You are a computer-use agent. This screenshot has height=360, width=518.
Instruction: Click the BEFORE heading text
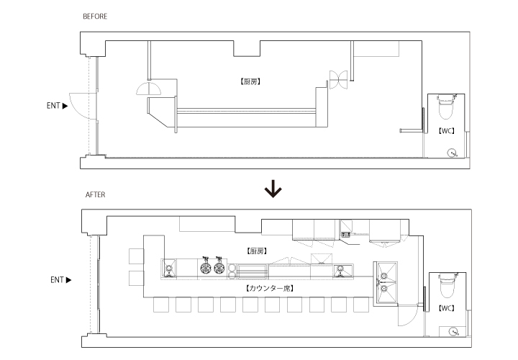(95, 16)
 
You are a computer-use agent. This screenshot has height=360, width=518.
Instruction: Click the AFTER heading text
(96, 194)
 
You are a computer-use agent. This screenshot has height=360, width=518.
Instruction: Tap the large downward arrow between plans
(273, 189)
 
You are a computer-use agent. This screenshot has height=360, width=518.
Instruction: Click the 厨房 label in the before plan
(250, 81)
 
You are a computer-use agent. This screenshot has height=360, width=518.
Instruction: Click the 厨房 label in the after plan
(257, 251)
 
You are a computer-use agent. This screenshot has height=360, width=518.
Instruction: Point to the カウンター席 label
(270, 289)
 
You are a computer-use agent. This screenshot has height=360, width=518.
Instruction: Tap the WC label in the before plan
(446, 131)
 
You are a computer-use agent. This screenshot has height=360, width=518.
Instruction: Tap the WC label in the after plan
(446, 308)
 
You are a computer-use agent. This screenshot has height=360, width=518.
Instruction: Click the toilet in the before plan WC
(445, 107)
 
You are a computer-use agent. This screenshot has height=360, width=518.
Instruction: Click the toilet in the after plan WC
(448, 285)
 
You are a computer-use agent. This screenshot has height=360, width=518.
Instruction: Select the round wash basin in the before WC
(452, 153)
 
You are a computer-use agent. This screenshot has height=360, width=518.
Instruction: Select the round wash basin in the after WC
(454, 331)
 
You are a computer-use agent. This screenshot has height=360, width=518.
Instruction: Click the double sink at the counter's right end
(386, 282)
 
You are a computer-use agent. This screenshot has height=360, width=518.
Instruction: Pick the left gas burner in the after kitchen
(206, 267)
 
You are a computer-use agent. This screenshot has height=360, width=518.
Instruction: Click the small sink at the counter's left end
(169, 268)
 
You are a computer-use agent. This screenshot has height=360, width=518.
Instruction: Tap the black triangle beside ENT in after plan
(69, 280)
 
